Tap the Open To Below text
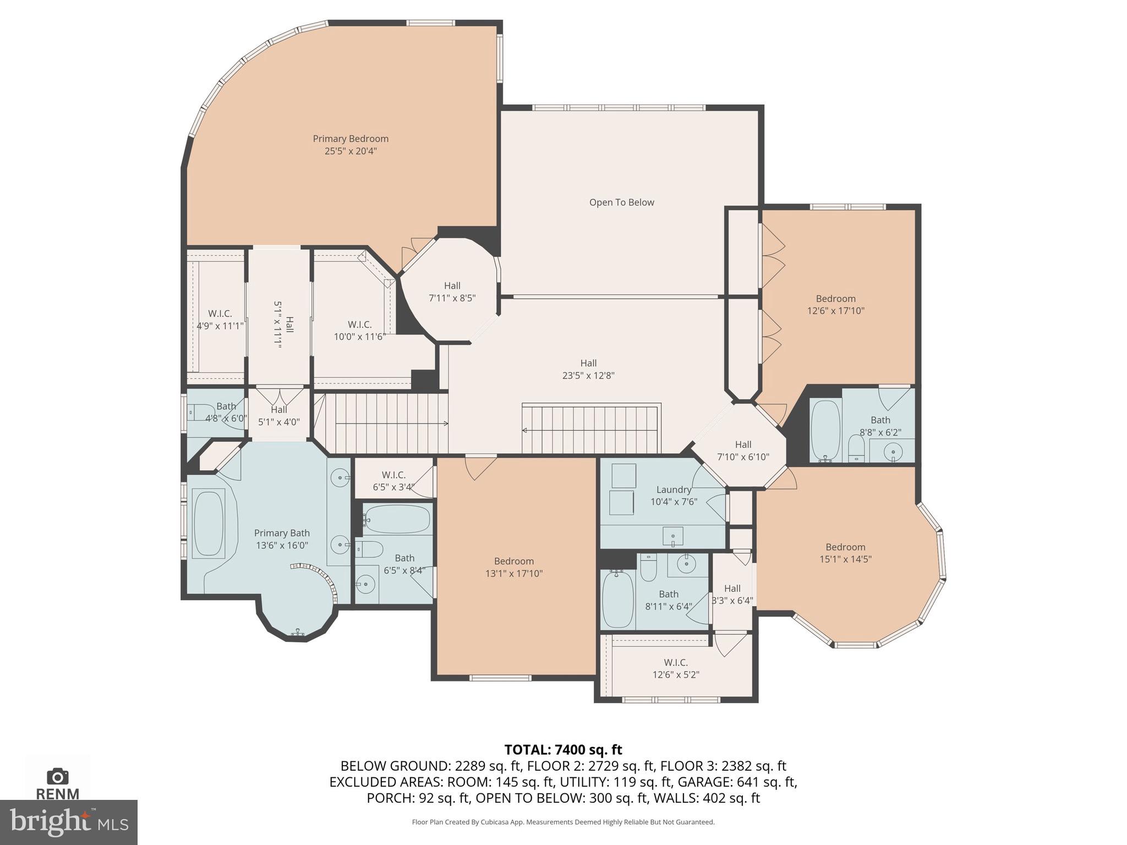tap(621, 202)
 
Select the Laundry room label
tap(674, 490)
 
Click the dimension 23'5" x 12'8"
tap(588, 376)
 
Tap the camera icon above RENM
tap(57, 776)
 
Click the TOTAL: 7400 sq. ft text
tap(563, 749)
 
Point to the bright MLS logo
tap(68, 822)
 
